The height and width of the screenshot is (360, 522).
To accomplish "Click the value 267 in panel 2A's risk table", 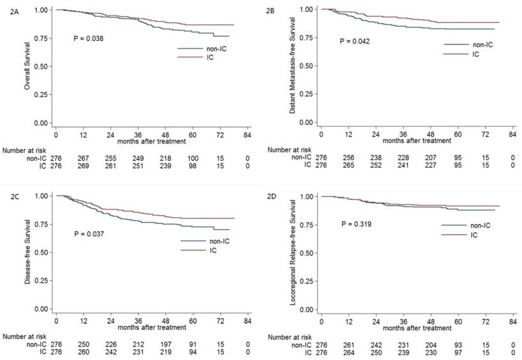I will point(84,158).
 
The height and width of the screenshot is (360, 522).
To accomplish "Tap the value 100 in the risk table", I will point(193,158).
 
